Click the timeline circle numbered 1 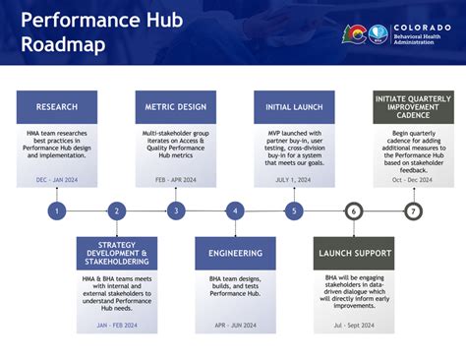57,210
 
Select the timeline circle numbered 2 116,210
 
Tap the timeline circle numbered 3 176,210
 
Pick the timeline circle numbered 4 235,210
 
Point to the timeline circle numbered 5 294,210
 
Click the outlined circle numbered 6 353,210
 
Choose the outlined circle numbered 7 413,210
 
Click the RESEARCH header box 57,107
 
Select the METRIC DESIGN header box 176,107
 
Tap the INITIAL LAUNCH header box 294,107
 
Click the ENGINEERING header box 235,253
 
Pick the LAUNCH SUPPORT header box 353,253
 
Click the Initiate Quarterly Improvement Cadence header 413,107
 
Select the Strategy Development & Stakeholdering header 116,253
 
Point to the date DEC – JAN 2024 57,180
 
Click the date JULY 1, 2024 294,180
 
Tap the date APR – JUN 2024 235,326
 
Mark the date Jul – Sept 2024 353,326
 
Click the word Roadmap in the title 63,44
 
